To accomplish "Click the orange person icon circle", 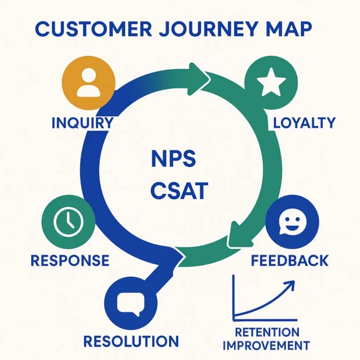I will tap(88, 84).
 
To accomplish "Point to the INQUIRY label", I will tap(82, 123).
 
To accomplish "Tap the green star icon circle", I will tap(271, 84).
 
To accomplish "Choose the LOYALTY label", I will tap(304, 123).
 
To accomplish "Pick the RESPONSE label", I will tap(69, 260).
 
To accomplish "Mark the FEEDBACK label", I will tap(290, 260).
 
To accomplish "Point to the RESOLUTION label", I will tap(131, 341).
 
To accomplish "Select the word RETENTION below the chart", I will tap(267, 333).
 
